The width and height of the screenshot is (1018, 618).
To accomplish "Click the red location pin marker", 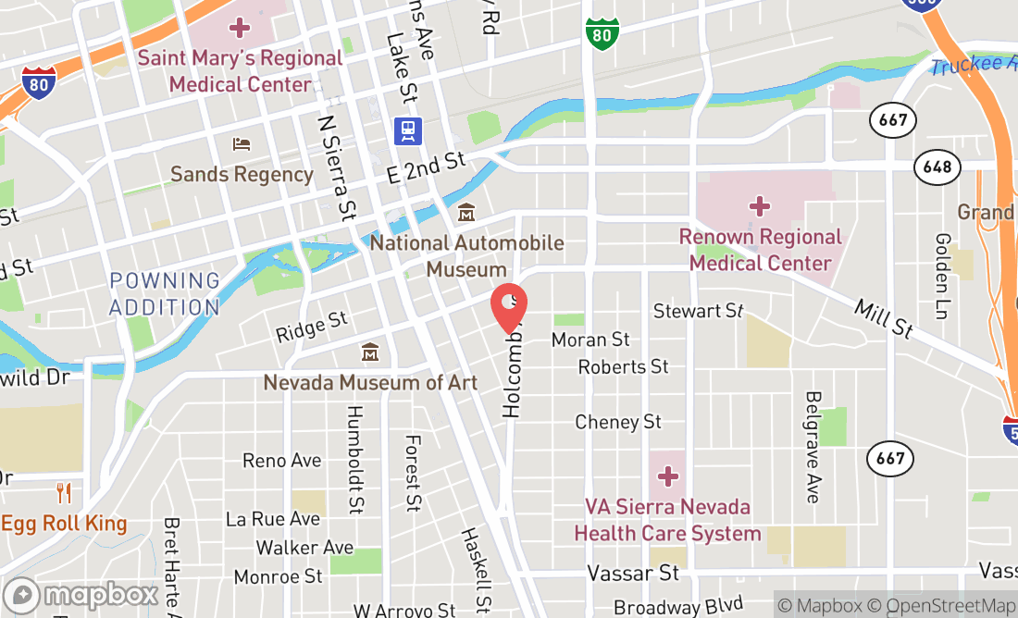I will tap(508, 306).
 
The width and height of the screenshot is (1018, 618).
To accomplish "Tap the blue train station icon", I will tap(408, 130).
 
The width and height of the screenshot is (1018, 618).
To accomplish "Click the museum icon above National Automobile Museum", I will tap(466, 214).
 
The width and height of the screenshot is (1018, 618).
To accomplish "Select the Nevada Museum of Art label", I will tap(370, 382).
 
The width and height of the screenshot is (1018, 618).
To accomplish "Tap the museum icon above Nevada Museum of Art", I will tap(370, 352).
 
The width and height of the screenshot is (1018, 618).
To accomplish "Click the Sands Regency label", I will tap(242, 174).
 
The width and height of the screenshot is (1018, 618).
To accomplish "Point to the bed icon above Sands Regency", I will tap(242, 144).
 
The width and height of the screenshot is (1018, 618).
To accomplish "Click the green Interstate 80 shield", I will tap(602, 35).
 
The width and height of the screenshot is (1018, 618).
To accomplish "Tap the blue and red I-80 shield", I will tap(40, 83).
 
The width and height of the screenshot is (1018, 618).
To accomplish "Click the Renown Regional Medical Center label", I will tap(761, 250).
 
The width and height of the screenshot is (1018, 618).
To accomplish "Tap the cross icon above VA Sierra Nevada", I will tap(668, 477).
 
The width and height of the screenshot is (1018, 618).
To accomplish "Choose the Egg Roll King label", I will tap(64, 524).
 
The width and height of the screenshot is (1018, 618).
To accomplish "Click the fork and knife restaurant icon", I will tap(64, 492).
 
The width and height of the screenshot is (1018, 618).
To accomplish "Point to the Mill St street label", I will tap(884, 317).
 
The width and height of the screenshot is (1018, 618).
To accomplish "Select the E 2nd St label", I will tap(426, 167).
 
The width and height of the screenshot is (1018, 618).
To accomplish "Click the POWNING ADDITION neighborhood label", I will tap(165, 293).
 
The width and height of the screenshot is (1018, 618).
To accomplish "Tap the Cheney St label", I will tap(618, 422).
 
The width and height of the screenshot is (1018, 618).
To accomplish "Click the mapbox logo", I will tap(81, 594).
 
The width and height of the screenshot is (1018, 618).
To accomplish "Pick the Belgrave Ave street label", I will tap(813, 447).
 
